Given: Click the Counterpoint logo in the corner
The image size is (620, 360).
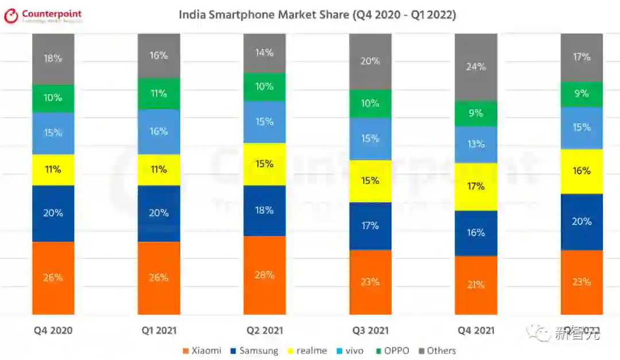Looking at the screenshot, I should pos(43,16).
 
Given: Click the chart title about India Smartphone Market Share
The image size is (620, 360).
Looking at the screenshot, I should pos(317,14).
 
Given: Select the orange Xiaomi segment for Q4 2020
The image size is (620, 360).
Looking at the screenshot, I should pos(53,278).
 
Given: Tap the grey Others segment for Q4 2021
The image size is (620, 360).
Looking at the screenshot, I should pos(476,67).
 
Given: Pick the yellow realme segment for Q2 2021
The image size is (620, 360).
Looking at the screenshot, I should pos(264,164).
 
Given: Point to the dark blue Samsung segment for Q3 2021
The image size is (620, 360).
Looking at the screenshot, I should pos(370,226).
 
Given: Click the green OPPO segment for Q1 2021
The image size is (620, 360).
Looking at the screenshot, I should pos(158,94).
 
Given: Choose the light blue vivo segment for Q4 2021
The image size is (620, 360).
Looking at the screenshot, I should pos(476,145).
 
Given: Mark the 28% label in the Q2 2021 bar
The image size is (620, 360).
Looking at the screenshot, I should pos(264,275).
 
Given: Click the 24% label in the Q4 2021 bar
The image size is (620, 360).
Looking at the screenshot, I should pos(476,67).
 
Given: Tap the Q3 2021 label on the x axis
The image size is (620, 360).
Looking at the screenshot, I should pos(370,331).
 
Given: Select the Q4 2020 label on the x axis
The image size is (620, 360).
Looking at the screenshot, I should pos(53,331).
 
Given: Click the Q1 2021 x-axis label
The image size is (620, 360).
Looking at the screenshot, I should pos(158,331).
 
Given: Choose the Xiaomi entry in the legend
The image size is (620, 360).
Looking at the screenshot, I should pos(201,351).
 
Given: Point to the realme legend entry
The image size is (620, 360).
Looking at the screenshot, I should pos(307,351).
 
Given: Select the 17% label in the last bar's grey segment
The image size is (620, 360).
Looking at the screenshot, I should pos(582,57).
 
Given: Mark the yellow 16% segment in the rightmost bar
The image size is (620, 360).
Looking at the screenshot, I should pos(582,171).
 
